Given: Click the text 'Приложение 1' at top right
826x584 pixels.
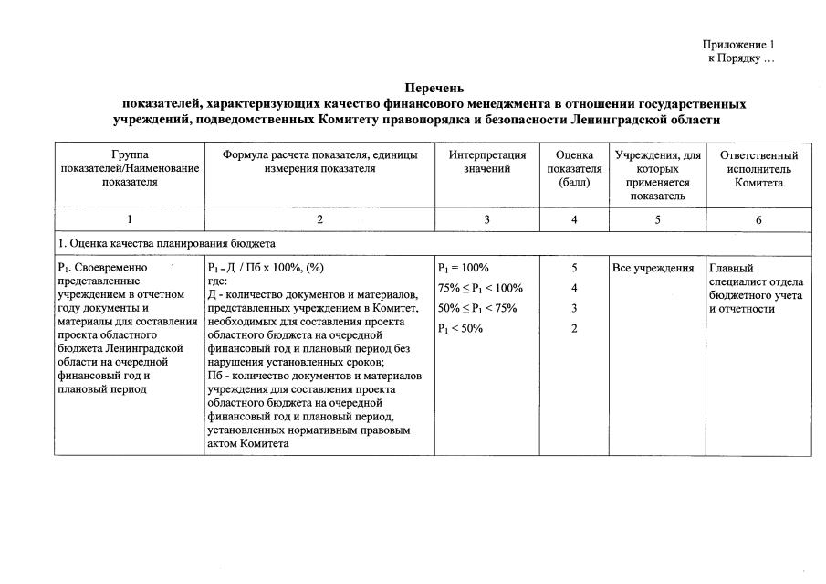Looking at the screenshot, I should tap(738, 44).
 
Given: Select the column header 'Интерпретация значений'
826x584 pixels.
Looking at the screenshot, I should tap(486, 162).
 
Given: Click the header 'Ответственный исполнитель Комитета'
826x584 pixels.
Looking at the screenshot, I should tap(758, 169).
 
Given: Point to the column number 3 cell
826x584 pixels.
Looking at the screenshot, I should tap(486, 219).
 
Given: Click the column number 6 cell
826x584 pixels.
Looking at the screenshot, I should tap(758, 219).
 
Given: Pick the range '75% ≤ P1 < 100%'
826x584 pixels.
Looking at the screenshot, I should tap(480, 289).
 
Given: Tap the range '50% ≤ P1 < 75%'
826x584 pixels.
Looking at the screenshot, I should tap(476, 309).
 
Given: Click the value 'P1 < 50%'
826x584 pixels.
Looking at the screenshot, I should tap(460, 329).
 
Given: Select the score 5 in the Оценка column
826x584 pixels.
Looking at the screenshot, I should tap(574, 269).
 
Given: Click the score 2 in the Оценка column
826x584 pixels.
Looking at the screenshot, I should tap(574, 329).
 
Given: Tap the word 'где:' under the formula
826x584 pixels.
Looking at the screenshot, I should tap(219, 281).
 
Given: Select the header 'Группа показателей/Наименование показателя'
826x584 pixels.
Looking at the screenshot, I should tap(129, 169).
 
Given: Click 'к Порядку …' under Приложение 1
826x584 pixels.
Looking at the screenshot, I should tap(741, 58).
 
